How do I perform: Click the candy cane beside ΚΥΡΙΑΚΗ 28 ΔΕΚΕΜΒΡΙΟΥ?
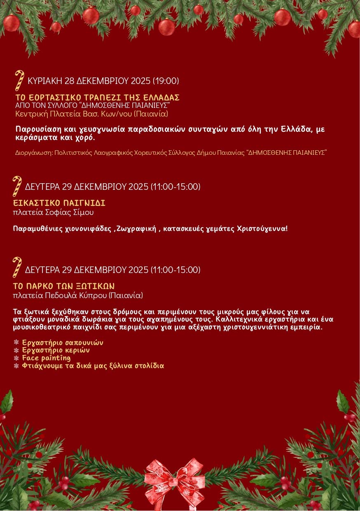point(19,80)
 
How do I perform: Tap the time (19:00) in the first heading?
point(166,81)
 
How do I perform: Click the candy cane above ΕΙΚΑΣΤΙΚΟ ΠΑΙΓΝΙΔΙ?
point(17,186)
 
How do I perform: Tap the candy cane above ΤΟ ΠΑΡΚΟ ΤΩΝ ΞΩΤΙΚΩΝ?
point(17,267)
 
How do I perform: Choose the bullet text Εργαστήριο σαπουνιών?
point(62,343)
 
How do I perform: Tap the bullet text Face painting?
point(46,358)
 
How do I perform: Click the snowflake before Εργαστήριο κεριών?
point(16,350)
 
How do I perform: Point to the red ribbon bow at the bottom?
point(174,478)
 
